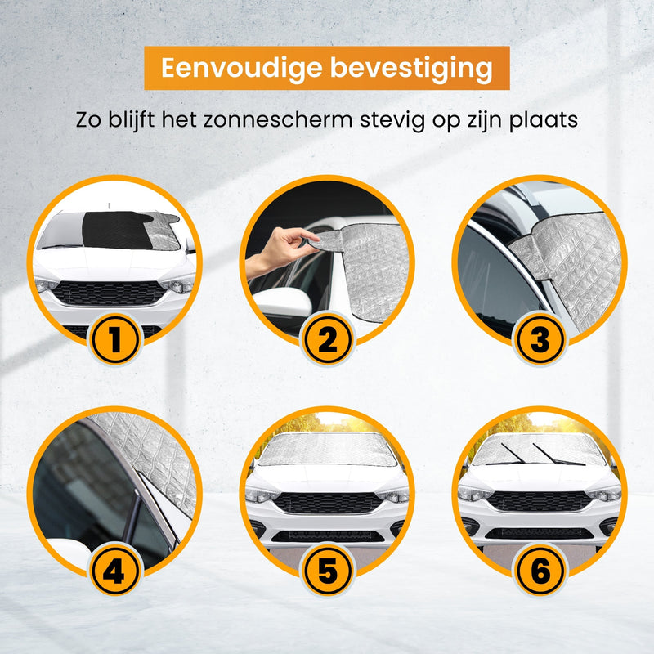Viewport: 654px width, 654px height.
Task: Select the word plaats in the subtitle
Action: [x=544, y=120]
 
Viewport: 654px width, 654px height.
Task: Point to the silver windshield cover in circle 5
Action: [x=327, y=450]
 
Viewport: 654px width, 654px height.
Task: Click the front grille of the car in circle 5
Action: [x=327, y=502]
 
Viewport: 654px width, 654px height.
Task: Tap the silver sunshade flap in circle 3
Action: [x=564, y=253]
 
